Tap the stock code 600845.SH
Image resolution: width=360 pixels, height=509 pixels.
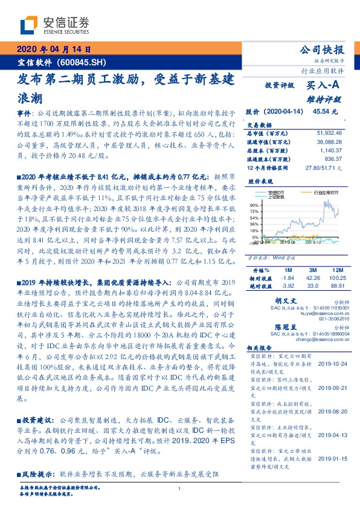tap(83, 62)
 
